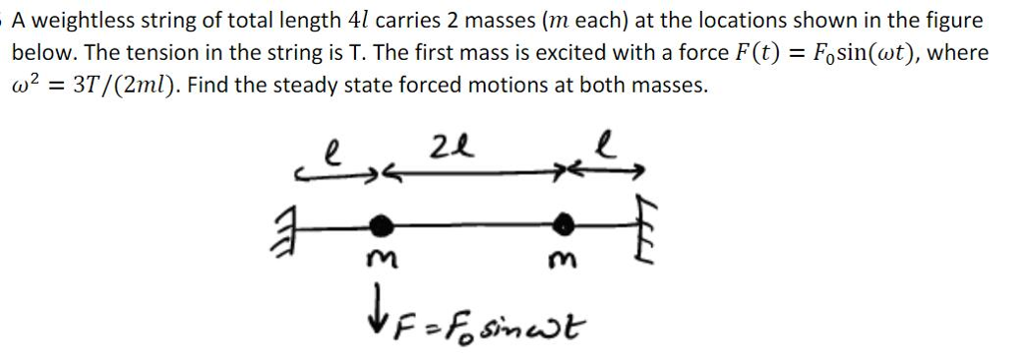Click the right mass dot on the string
click(565, 221)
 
